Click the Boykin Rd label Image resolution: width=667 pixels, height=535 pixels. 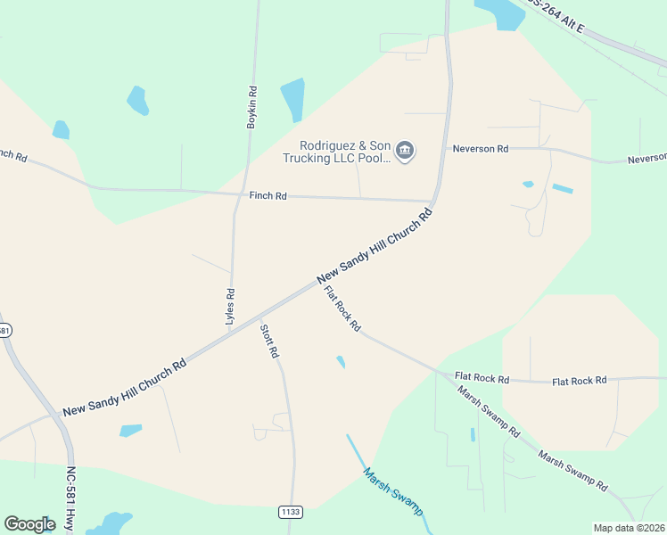click(252, 108)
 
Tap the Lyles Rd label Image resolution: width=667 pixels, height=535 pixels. click(230, 305)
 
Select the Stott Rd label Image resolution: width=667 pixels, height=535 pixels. click(268, 341)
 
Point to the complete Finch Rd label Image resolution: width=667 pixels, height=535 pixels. click(268, 195)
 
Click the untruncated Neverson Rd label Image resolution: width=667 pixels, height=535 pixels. click(480, 149)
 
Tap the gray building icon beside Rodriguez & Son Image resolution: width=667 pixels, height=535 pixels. click(405, 151)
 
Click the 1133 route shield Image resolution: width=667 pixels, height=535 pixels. click(291, 512)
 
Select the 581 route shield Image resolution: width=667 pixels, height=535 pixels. click(4, 331)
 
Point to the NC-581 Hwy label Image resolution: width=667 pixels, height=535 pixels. click(70, 499)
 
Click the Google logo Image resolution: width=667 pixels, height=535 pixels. click(30, 524)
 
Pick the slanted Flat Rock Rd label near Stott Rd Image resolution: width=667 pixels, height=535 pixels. click(342, 309)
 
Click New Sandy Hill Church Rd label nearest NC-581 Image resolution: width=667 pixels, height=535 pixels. click(125, 388)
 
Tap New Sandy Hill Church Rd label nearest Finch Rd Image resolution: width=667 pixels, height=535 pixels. click(375, 247)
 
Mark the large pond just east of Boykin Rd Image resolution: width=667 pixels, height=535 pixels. click(293, 99)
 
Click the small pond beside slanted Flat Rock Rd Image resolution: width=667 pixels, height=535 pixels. click(341, 362)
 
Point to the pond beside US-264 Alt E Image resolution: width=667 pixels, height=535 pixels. click(501, 12)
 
